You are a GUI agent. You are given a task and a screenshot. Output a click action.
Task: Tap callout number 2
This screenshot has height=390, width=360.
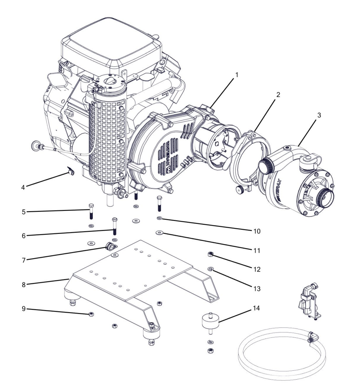278,94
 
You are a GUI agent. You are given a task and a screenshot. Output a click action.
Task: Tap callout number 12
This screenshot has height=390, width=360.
257,269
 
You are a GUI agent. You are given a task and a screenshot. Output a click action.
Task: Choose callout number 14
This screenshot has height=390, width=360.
257,307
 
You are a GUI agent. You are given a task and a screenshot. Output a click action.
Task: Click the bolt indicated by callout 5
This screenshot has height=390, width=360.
91,211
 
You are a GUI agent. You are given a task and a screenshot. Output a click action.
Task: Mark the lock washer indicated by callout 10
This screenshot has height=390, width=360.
159,218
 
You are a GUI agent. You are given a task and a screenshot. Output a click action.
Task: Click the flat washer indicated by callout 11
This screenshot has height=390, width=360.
160,233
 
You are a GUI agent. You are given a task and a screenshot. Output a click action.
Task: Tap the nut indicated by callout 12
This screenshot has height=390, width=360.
209,254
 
